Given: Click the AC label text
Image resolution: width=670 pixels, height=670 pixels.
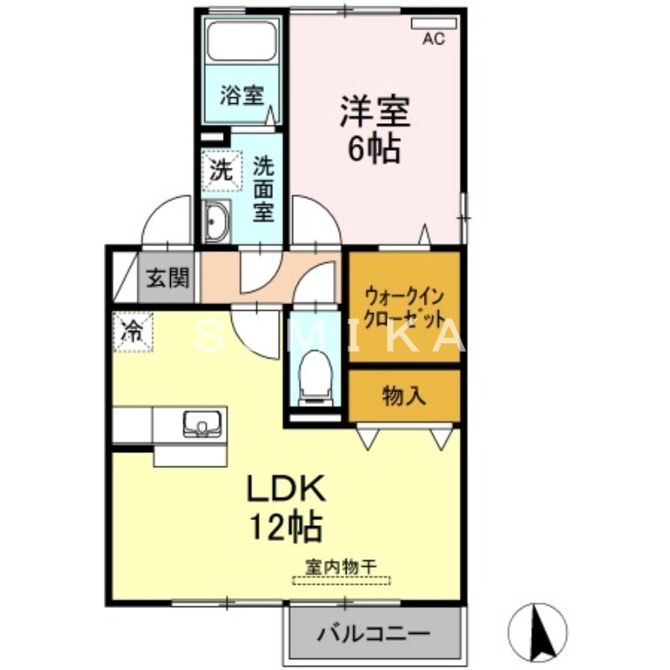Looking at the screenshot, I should (433, 39).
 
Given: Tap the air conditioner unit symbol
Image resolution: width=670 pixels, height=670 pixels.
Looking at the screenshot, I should (433, 23).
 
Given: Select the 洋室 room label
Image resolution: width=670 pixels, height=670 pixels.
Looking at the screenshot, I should (374, 112).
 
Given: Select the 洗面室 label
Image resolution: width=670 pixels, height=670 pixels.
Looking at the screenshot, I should (264, 189).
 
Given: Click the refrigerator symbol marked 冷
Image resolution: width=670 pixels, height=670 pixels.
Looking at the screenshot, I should (133, 331).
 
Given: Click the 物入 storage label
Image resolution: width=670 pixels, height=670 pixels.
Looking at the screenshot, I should (404, 395).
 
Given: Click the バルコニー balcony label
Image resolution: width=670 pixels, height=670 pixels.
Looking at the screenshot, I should (373, 633).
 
